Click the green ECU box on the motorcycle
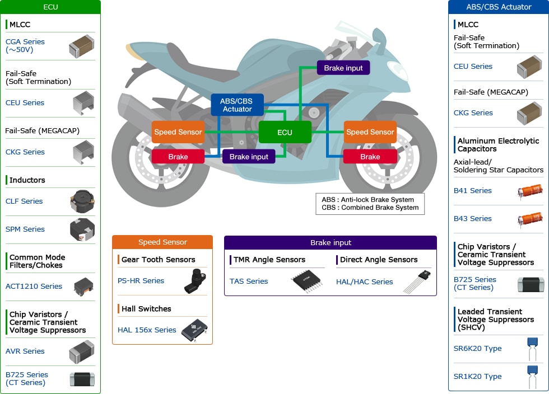pos(285,133)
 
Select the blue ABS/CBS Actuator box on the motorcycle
pos(237,105)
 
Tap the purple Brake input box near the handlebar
pos(343,68)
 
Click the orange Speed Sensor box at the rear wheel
pos(178,132)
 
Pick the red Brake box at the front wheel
pos(370,157)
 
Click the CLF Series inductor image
pos(82,201)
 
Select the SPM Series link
pos(25,229)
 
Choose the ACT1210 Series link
pos(34,286)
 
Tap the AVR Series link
pos(25,351)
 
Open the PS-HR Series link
pos(141,280)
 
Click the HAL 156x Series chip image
pos(194,330)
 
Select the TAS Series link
pos(249,281)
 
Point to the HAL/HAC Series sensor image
pos(418,282)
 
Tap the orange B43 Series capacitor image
pos(529,219)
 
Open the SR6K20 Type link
pos(477,348)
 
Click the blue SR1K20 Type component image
pos(532,376)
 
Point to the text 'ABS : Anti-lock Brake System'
pos(368,199)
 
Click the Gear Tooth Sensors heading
pos(158,260)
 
